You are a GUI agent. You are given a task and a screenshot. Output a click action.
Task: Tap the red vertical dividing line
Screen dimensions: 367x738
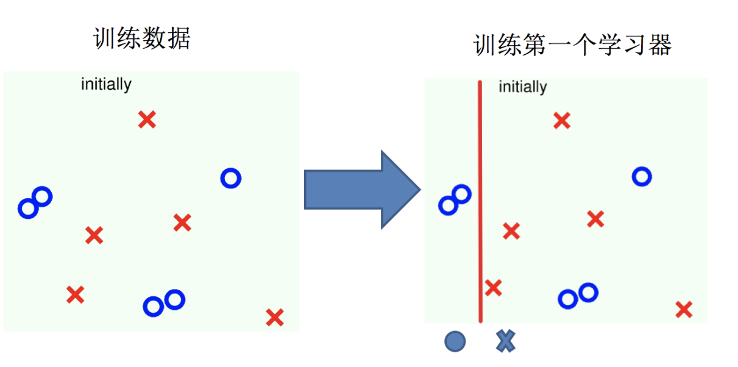click(480, 201)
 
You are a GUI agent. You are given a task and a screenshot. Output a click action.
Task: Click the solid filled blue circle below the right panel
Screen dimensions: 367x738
click(455, 341)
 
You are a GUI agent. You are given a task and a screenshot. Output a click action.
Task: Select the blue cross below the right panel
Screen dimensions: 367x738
click(505, 341)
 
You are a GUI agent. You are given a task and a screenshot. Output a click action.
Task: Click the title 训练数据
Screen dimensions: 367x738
click(142, 39)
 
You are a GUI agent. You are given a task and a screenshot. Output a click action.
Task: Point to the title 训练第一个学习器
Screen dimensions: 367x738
click(572, 46)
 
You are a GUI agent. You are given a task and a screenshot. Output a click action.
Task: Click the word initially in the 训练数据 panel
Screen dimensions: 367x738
click(106, 84)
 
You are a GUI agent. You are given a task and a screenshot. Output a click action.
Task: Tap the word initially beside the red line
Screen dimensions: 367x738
click(522, 87)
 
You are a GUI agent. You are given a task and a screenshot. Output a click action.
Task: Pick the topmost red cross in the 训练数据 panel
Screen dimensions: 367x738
click(147, 119)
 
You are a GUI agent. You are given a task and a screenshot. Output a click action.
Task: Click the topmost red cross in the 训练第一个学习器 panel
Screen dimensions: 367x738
click(561, 121)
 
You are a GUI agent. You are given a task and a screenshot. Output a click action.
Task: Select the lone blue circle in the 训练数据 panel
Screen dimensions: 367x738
click(230, 178)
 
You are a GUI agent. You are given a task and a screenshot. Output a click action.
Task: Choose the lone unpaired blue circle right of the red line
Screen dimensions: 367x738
click(641, 177)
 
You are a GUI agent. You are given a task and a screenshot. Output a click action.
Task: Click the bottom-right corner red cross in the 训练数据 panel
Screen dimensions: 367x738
click(275, 317)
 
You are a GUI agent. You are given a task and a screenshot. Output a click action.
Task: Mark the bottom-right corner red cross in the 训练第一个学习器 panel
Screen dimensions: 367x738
click(684, 310)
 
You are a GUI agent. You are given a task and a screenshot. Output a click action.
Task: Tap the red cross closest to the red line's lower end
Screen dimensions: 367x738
click(493, 287)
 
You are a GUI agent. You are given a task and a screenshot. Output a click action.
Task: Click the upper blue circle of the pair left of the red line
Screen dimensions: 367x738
click(462, 194)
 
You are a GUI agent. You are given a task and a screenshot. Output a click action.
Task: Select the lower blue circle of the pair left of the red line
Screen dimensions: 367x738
click(448, 205)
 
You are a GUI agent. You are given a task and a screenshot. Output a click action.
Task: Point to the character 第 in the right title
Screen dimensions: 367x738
click(532, 46)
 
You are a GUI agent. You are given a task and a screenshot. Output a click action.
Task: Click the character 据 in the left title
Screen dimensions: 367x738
click(179, 39)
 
